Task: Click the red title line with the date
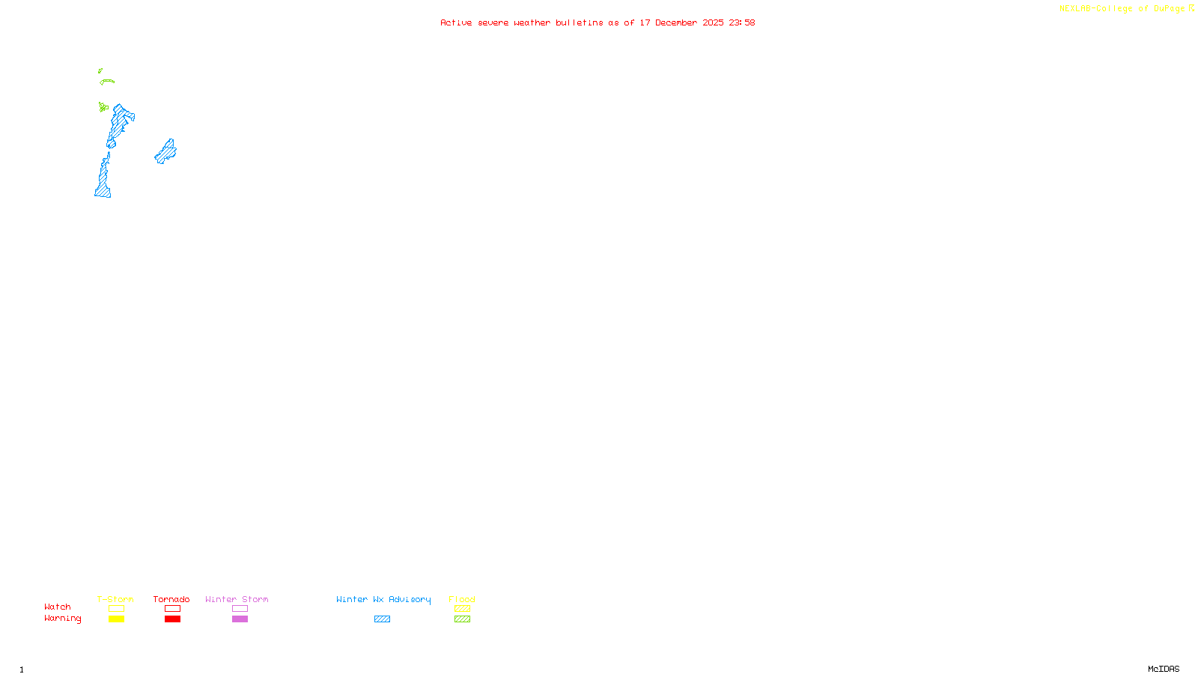click(598, 23)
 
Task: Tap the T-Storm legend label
click(115, 599)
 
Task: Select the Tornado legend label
click(171, 599)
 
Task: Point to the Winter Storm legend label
click(237, 599)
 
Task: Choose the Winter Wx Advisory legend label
click(383, 599)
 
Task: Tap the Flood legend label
click(462, 599)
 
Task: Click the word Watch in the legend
click(58, 607)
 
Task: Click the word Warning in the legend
click(62, 619)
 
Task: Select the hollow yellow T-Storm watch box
click(116, 609)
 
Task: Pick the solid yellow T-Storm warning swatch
click(116, 619)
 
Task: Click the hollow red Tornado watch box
click(172, 609)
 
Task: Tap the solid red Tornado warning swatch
click(172, 619)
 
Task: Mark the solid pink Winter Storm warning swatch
click(240, 619)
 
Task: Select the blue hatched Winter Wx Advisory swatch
click(382, 619)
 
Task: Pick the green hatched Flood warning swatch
click(462, 619)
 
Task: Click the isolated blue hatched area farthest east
click(165, 152)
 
